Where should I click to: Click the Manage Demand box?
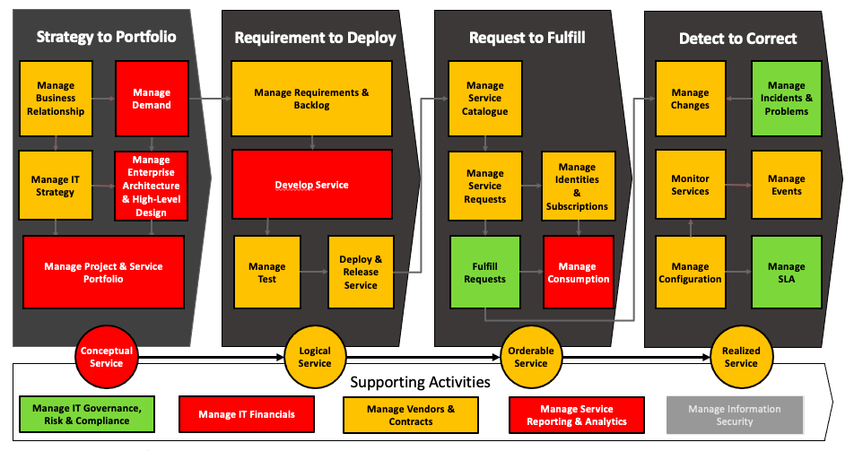[152, 99]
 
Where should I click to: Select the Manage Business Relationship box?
[56, 99]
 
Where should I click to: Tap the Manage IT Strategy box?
[56, 186]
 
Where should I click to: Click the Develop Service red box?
[311, 185]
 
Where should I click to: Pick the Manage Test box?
[266, 273]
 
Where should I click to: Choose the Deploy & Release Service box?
[360, 273]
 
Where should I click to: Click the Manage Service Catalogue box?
[484, 99]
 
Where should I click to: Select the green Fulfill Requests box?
[484, 273]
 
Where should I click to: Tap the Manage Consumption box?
[577, 273]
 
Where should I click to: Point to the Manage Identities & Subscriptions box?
[577, 186]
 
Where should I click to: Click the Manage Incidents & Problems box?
[786, 99]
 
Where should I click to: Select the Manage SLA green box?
[786, 273]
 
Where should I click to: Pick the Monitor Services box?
[690, 186]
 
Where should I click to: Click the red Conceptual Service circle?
[106, 358]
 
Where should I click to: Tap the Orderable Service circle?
[530, 358]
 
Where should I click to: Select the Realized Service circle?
[741, 358]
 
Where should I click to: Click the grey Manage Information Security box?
[734, 415]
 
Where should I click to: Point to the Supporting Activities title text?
[420, 382]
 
